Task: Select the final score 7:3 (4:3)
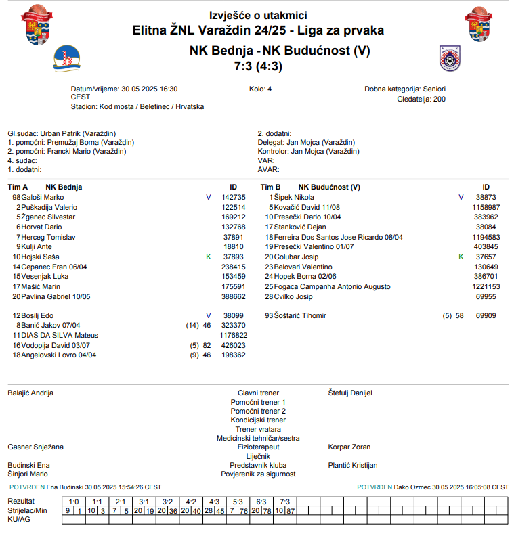tap(258, 66)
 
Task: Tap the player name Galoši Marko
tap(43, 197)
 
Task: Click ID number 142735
tap(234, 197)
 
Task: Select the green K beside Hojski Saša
tap(209, 257)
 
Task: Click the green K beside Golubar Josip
tap(461, 257)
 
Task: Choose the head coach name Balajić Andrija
tap(30, 393)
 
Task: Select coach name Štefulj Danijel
tap(350, 393)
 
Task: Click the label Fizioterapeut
tap(258, 447)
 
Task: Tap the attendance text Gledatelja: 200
tap(421, 99)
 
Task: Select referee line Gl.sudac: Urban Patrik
tap(62, 133)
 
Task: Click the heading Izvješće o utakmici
tap(258, 15)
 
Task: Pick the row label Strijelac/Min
tap(28, 510)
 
